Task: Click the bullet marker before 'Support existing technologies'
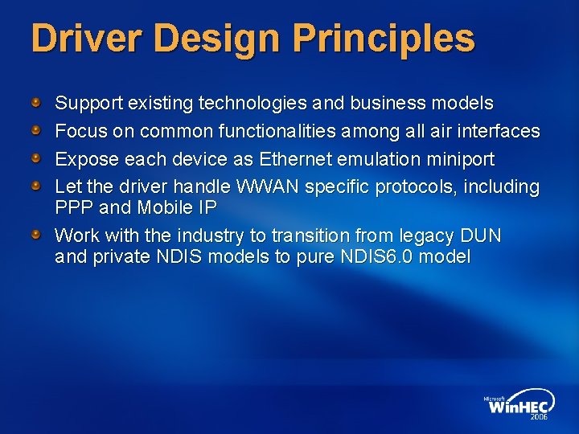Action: pos(36,103)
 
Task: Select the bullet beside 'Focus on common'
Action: pos(36,130)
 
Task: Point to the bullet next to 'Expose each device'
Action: pos(36,158)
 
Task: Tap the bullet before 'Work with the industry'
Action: pos(36,235)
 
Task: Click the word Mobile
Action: pos(159,207)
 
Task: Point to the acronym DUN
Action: pos(480,236)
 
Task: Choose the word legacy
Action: pos(421,236)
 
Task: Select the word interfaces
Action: pos(499,130)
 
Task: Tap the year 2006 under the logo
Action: pos(538,418)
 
